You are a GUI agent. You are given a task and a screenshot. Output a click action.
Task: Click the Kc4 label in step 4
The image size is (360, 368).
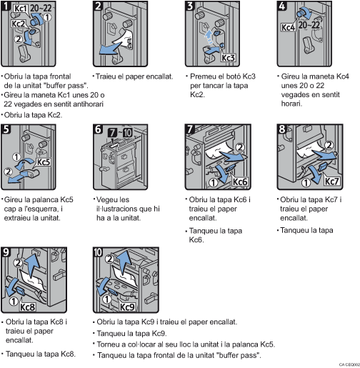289,28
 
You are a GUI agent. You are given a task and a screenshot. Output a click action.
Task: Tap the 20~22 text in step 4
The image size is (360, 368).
312,25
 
